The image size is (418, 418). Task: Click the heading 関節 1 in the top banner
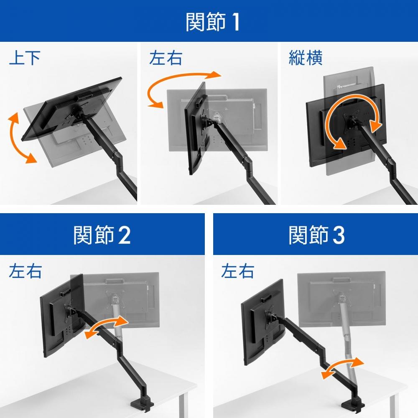pyautogui.click(x=212, y=22)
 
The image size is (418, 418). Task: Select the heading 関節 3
pyautogui.click(x=316, y=235)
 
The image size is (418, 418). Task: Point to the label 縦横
pyautogui.click(x=306, y=58)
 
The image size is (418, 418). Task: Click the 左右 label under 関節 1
pyautogui.click(x=166, y=58)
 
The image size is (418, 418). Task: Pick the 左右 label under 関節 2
pyautogui.click(x=25, y=271)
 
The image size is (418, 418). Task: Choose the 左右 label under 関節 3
pyautogui.click(x=237, y=271)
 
